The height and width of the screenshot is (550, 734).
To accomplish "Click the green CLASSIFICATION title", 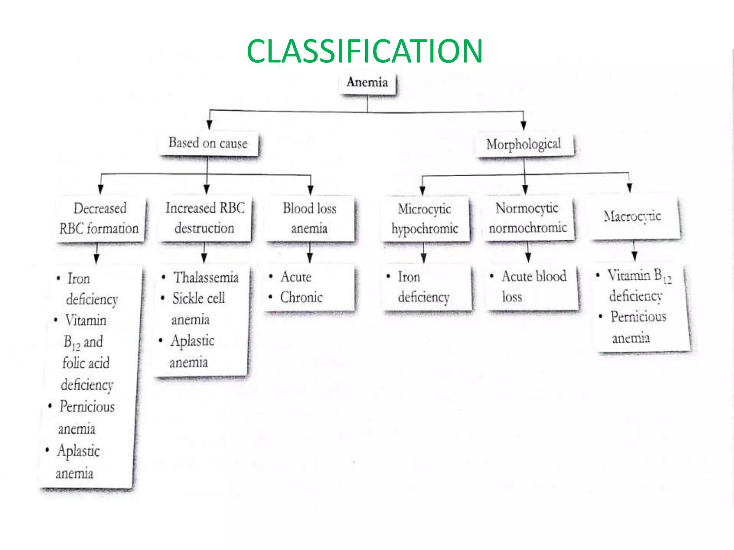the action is pyautogui.click(x=365, y=51).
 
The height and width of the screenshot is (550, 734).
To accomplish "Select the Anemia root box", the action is pyautogui.click(x=368, y=84).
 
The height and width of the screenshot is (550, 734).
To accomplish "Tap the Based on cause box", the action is pyautogui.click(x=208, y=144).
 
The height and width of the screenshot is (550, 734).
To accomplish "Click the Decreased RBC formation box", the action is pyautogui.click(x=100, y=219).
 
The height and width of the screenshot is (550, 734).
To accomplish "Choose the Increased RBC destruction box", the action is pyautogui.click(x=205, y=219).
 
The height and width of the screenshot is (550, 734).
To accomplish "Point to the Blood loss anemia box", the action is pyautogui.click(x=310, y=219).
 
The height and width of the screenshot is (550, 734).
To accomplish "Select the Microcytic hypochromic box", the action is pyautogui.click(x=425, y=219).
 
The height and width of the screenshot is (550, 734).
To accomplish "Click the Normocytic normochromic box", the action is pyautogui.click(x=528, y=218).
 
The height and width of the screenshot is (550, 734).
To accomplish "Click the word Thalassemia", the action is pyautogui.click(x=206, y=278).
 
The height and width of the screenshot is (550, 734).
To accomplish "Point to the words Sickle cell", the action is pyautogui.click(x=199, y=298).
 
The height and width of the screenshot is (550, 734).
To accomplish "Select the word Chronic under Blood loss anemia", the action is pyautogui.click(x=301, y=298).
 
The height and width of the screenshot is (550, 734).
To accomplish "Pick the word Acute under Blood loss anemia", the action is pyautogui.click(x=296, y=277).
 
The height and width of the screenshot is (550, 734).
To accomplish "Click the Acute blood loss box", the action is pyautogui.click(x=533, y=288).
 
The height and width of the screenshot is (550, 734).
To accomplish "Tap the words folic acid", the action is pyautogui.click(x=86, y=363).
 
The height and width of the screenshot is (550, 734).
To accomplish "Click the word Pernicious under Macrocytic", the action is pyautogui.click(x=639, y=317).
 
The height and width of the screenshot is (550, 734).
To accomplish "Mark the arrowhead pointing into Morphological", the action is pyautogui.click(x=524, y=126).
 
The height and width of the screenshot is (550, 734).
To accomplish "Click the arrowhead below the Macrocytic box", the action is pyautogui.click(x=634, y=256).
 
